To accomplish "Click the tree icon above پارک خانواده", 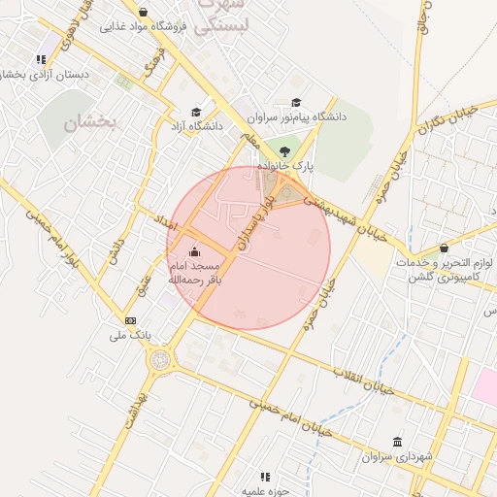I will (x=283, y=150).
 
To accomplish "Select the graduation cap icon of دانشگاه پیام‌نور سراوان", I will (x=296, y=102).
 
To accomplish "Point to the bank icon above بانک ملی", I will (x=130, y=320).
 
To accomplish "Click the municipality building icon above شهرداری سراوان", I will (x=397, y=441).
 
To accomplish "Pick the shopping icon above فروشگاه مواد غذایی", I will (x=144, y=12).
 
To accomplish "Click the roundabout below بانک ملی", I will (x=157, y=361).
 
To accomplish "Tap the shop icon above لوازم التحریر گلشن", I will (x=444, y=248).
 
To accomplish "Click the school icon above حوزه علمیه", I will (x=264, y=476).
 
